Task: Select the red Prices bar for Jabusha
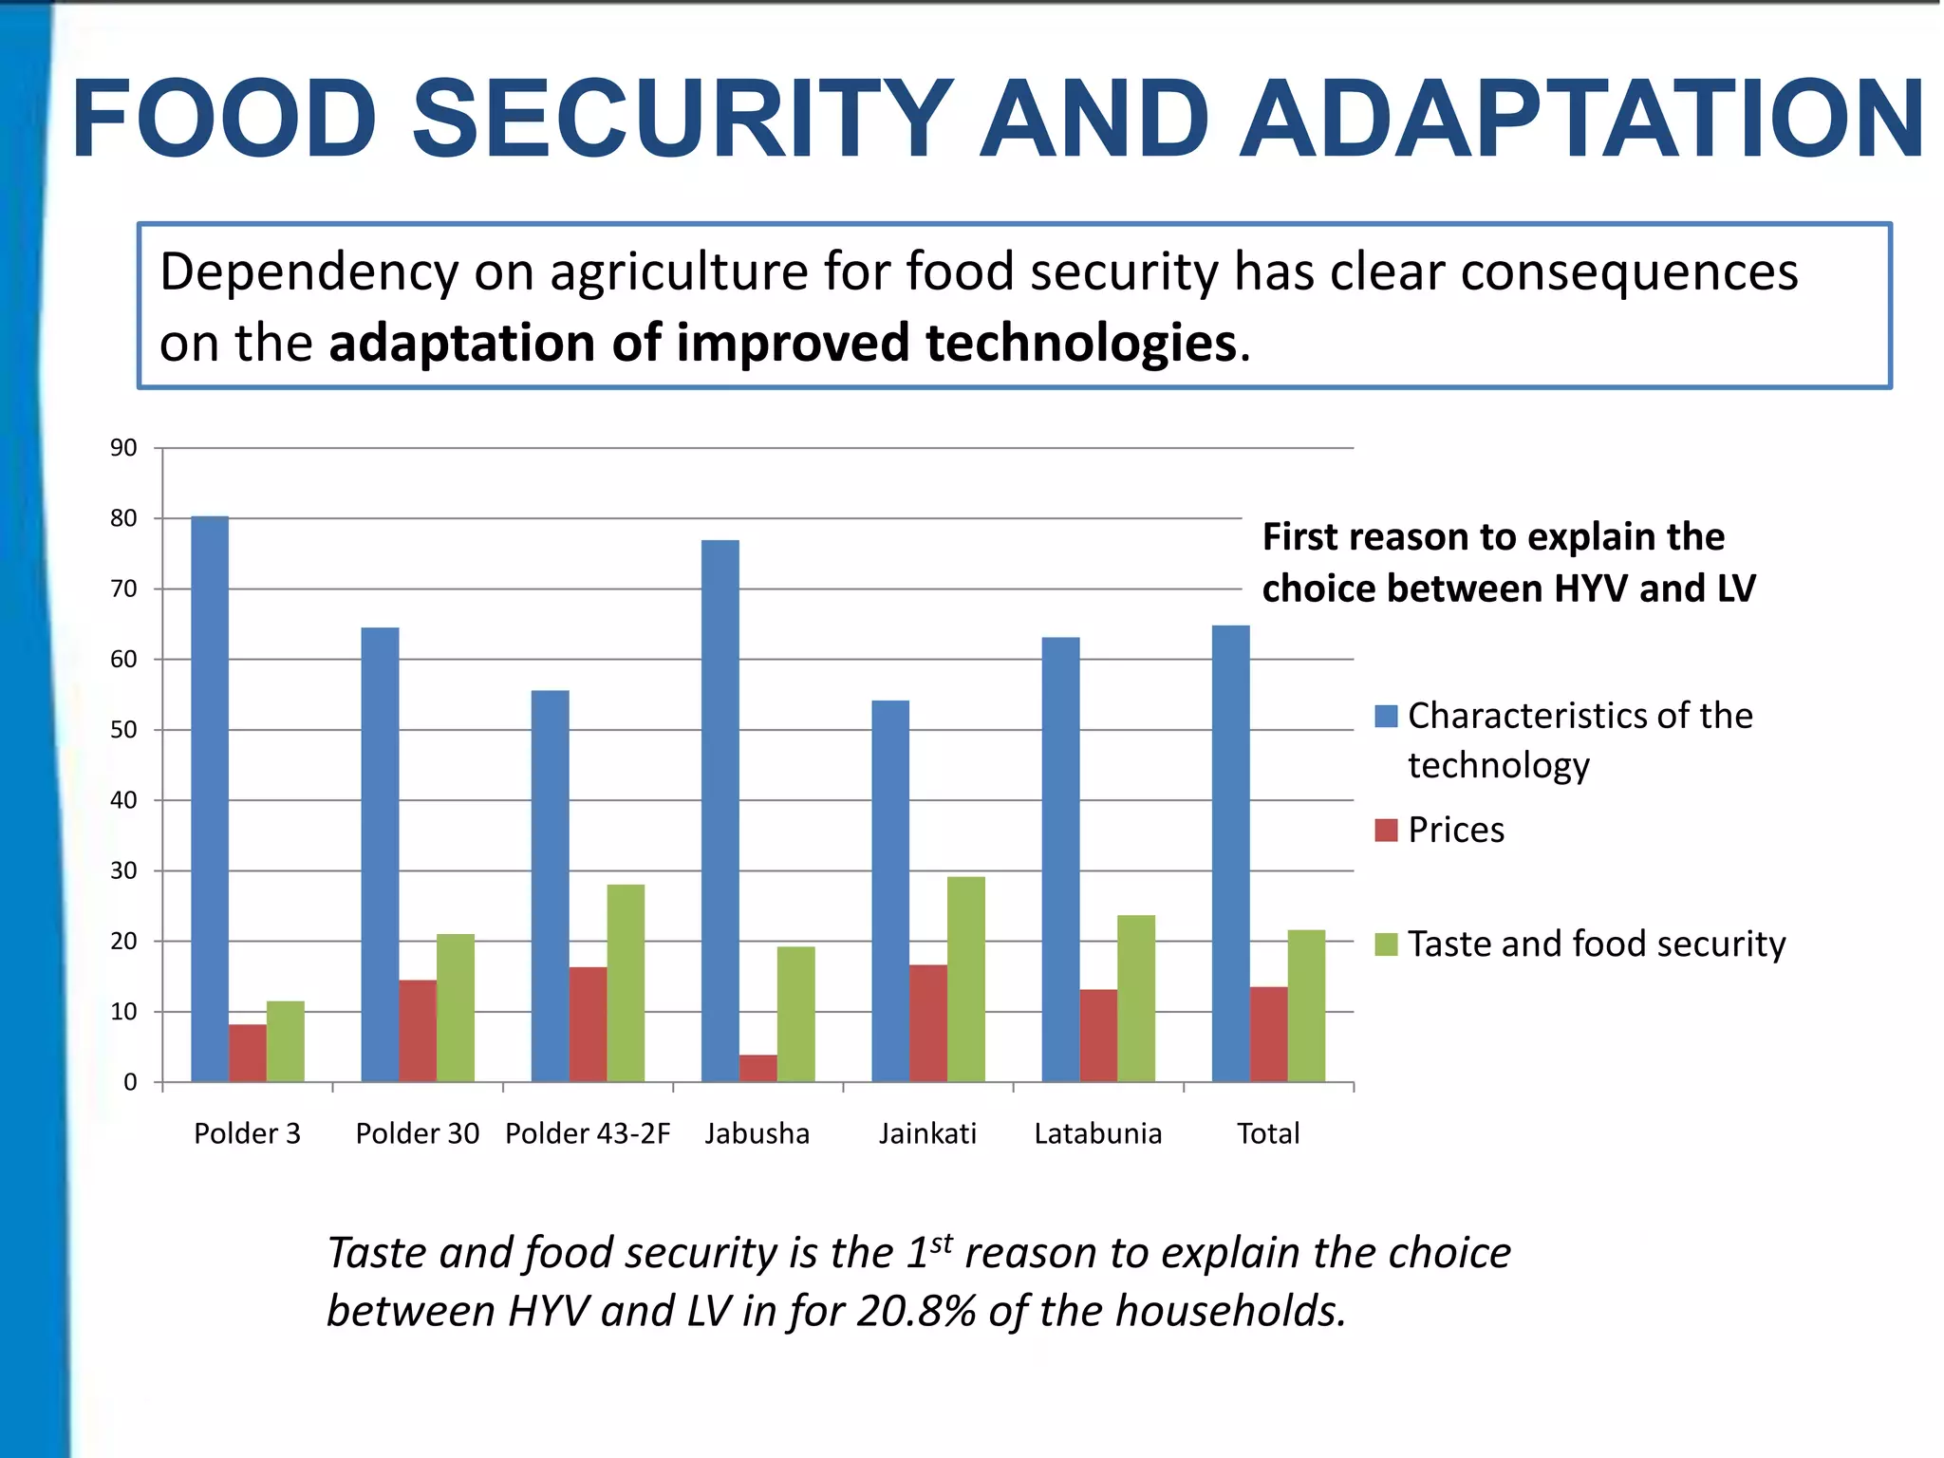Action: pyautogui.click(x=757, y=1068)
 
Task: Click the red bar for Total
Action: pyautogui.click(x=1268, y=1035)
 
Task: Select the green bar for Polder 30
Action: pyautogui.click(x=455, y=1008)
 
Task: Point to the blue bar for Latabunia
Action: pyautogui.click(x=1060, y=860)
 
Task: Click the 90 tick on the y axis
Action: pyautogui.click(x=123, y=448)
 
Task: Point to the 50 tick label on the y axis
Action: pyautogui.click(x=123, y=730)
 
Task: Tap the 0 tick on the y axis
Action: pyautogui.click(x=130, y=1082)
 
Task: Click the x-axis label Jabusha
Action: pyautogui.click(x=757, y=1133)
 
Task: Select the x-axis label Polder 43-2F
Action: pyautogui.click(x=588, y=1133)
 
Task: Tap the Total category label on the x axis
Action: pyautogui.click(x=1267, y=1133)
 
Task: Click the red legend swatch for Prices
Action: pyautogui.click(x=1386, y=831)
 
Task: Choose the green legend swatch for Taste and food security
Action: pyautogui.click(x=1386, y=944)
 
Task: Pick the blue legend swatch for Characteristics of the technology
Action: pyautogui.click(x=1386, y=716)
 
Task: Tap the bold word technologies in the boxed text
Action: pyautogui.click(x=1081, y=343)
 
